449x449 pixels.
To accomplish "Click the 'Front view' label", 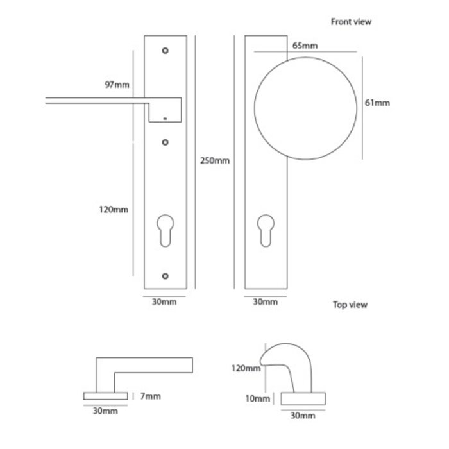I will tap(351, 22).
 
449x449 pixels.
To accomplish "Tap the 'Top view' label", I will tap(350, 305).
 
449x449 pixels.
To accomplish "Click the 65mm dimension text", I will tap(304, 46).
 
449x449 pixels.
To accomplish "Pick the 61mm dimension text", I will tap(377, 103).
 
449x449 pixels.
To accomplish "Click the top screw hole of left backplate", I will tap(165, 50).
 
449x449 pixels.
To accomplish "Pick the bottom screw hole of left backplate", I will tap(165, 276).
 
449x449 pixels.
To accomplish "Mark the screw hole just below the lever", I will tap(165, 142).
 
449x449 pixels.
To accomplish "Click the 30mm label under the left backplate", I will tap(162, 301).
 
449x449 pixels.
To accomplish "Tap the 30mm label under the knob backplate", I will tap(264, 301).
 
